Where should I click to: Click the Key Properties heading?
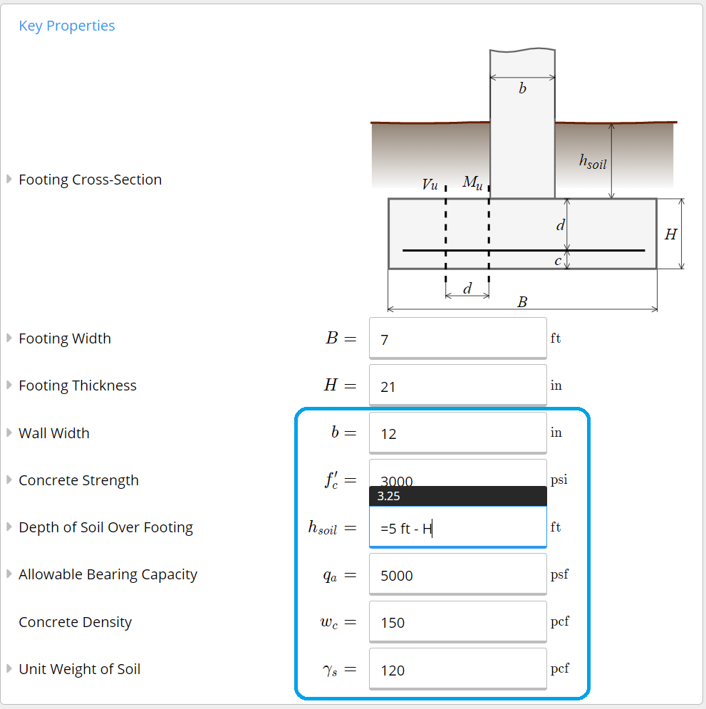coord(66,26)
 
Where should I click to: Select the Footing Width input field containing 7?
coord(457,338)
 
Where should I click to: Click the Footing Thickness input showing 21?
coord(457,386)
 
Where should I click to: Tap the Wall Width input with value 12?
coord(457,433)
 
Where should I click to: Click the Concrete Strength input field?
coord(457,473)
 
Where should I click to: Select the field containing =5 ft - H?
coord(457,528)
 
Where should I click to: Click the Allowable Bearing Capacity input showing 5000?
coord(457,575)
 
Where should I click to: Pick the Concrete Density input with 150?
coord(457,622)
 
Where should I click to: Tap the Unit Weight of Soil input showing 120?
coord(457,670)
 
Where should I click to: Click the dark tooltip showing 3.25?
coord(457,496)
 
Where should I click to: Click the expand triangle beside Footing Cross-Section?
coord(9,179)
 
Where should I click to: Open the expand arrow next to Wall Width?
coord(9,433)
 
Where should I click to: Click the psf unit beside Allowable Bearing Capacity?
coord(559,574)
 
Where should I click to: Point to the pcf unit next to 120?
coord(559,669)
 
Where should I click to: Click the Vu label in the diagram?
coord(430,185)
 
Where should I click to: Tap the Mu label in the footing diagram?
coord(472,183)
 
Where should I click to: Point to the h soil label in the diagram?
coord(593,162)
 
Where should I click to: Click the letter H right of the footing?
coord(670,234)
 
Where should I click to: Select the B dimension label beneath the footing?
coord(522,302)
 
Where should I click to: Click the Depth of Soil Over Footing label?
coord(105,527)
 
